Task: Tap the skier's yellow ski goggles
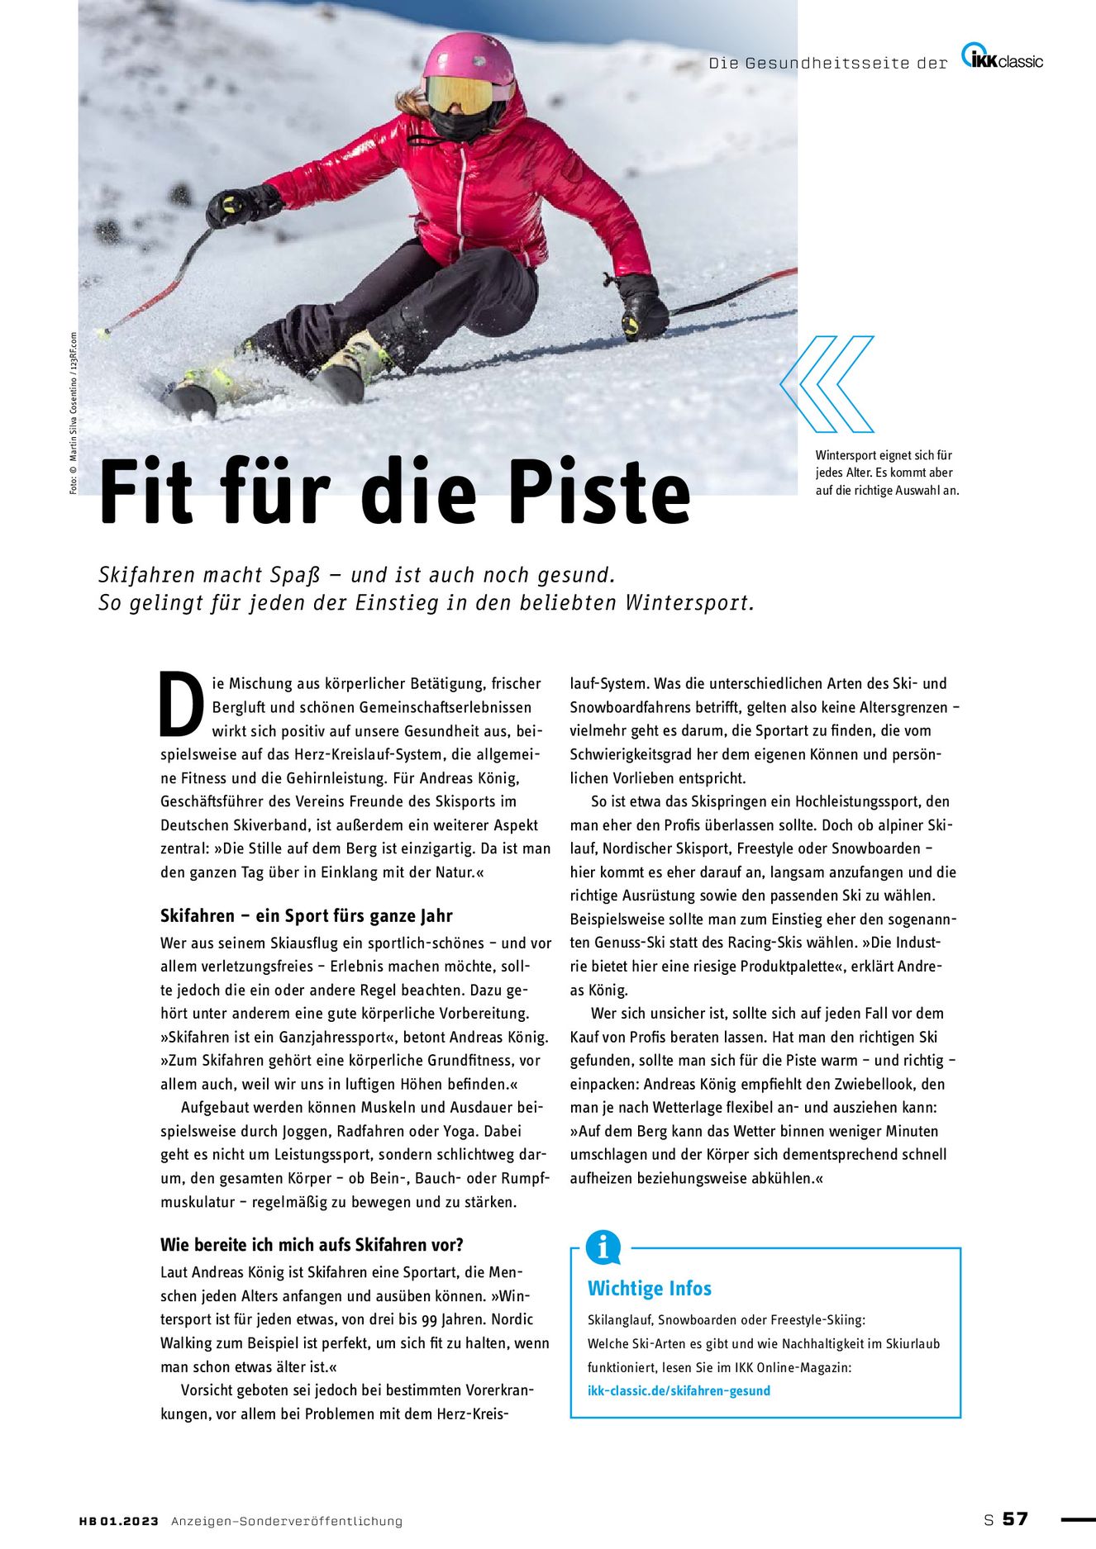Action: click(x=460, y=95)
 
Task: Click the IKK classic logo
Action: click(x=1002, y=58)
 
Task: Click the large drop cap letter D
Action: click(x=182, y=704)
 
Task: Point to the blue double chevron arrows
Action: click(x=827, y=384)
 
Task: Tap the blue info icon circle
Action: click(x=603, y=1247)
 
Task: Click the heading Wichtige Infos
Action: click(x=649, y=1288)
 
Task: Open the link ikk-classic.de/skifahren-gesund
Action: click(x=679, y=1390)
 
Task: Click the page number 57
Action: click(x=1015, y=1518)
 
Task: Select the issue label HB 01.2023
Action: click(x=118, y=1521)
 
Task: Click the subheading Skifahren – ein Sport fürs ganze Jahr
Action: click(x=306, y=915)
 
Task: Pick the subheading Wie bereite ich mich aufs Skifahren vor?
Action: click(x=312, y=1244)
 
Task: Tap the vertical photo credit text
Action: click(x=73, y=413)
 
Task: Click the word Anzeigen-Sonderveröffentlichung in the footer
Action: click(x=287, y=1521)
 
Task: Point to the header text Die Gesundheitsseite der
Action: click(x=827, y=63)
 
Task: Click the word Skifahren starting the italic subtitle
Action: click(x=146, y=575)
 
